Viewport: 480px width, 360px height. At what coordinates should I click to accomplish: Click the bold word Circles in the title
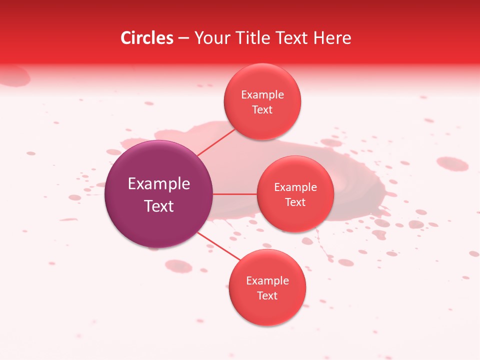click(x=147, y=38)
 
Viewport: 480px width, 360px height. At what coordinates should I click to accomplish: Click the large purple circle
click(x=159, y=194)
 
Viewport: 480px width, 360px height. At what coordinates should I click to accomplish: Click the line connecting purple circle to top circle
click(x=216, y=141)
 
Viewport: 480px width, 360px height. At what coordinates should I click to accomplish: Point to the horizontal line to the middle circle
click(x=235, y=194)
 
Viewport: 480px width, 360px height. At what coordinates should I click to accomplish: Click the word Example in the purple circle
click(x=159, y=184)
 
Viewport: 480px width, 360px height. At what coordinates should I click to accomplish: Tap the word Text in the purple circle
click(x=159, y=206)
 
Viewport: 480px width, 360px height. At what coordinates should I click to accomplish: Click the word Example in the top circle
click(x=262, y=95)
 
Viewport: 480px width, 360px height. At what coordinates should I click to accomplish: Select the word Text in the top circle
click(x=262, y=110)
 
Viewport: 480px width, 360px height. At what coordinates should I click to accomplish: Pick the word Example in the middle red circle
click(x=295, y=187)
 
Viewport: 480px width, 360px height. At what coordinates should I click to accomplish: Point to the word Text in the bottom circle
click(x=267, y=296)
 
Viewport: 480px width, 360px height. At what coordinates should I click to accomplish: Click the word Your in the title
click(x=209, y=38)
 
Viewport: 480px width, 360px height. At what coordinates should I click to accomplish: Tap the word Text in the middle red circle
click(x=295, y=202)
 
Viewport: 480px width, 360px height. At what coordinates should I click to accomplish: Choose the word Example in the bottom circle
click(x=267, y=281)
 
